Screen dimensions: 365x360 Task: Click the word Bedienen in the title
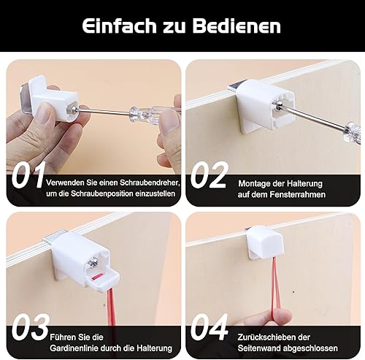tap(237, 26)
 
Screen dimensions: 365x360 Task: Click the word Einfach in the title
tap(119, 26)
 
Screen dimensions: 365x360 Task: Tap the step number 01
tap(28, 175)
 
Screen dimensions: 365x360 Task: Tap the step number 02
tap(210, 175)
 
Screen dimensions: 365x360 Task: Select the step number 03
tap(31, 327)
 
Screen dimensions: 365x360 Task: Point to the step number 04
tap(210, 327)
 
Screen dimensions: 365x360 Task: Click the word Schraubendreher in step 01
tap(149, 183)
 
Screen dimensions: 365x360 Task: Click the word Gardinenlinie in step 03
tap(74, 348)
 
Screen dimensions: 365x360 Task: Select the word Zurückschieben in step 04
tap(266, 337)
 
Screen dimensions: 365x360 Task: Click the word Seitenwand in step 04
tap(258, 348)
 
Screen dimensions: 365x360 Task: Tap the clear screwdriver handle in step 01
tap(144, 114)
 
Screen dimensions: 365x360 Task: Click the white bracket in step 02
tap(264, 107)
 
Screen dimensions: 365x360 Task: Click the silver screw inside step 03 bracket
tap(92, 264)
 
